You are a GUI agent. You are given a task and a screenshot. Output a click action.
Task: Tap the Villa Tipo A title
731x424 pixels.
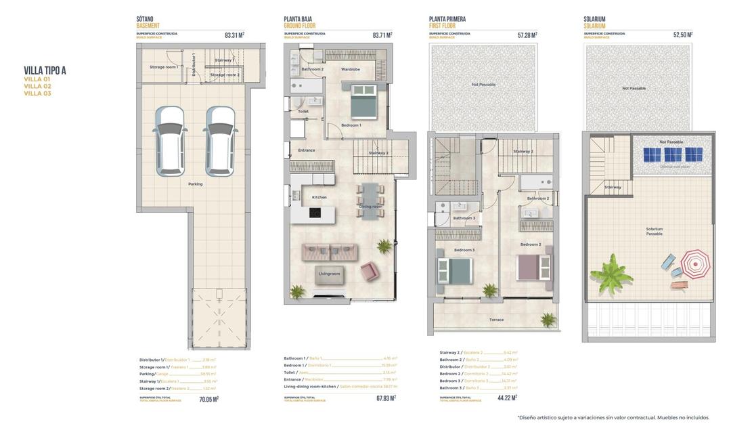pyautogui.click(x=45, y=70)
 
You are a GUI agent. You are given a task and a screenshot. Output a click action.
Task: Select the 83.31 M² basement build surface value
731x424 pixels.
pyautogui.click(x=234, y=35)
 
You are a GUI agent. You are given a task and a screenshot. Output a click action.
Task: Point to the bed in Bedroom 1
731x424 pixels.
pyautogui.click(x=363, y=102)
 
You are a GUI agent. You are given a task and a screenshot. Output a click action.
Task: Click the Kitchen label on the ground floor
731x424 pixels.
pyautogui.click(x=319, y=197)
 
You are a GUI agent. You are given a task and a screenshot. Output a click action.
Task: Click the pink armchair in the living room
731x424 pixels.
pyautogui.click(x=370, y=272)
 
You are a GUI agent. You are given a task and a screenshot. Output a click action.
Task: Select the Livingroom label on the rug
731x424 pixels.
pyautogui.click(x=329, y=274)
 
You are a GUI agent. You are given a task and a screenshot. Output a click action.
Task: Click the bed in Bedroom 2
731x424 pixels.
pyautogui.click(x=534, y=267)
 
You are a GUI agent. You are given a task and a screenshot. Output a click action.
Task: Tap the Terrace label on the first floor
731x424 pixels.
pyautogui.click(x=496, y=320)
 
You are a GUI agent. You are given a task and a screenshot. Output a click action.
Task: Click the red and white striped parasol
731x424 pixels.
pyautogui.click(x=695, y=263)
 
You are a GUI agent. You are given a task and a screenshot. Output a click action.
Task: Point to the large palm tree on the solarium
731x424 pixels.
pyautogui.click(x=611, y=274)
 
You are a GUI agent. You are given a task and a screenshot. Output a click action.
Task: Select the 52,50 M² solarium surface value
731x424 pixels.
pyautogui.click(x=683, y=35)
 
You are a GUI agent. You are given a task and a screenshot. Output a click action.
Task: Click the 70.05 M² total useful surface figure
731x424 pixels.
pyautogui.click(x=208, y=399)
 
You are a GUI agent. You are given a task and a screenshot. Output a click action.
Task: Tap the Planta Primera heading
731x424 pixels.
pyautogui.click(x=447, y=20)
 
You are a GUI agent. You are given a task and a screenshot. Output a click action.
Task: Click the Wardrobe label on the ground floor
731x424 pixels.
pyautogui.click(x=351, y=69)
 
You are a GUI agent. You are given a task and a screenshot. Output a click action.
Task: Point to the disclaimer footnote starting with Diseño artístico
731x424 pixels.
pyautogui.click(x=613, y=417)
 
